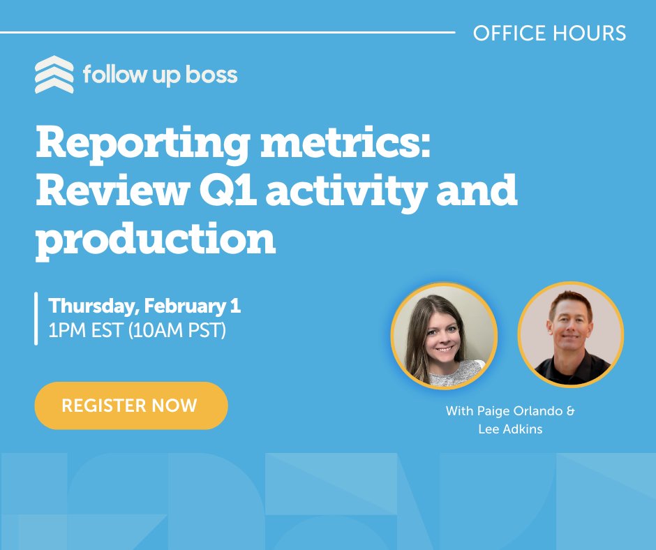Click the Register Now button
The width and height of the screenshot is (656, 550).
tap(131, 406)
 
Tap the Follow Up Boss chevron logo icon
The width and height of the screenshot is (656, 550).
tap(54, 75)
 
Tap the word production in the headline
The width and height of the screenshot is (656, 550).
tap(156, 238)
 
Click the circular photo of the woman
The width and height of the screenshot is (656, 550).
tap(444, 335)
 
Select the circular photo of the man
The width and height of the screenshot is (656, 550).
tap(571, 335)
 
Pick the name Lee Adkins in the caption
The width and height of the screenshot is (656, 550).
tap(510, 429)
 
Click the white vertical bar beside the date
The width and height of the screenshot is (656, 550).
tap(36, 318)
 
